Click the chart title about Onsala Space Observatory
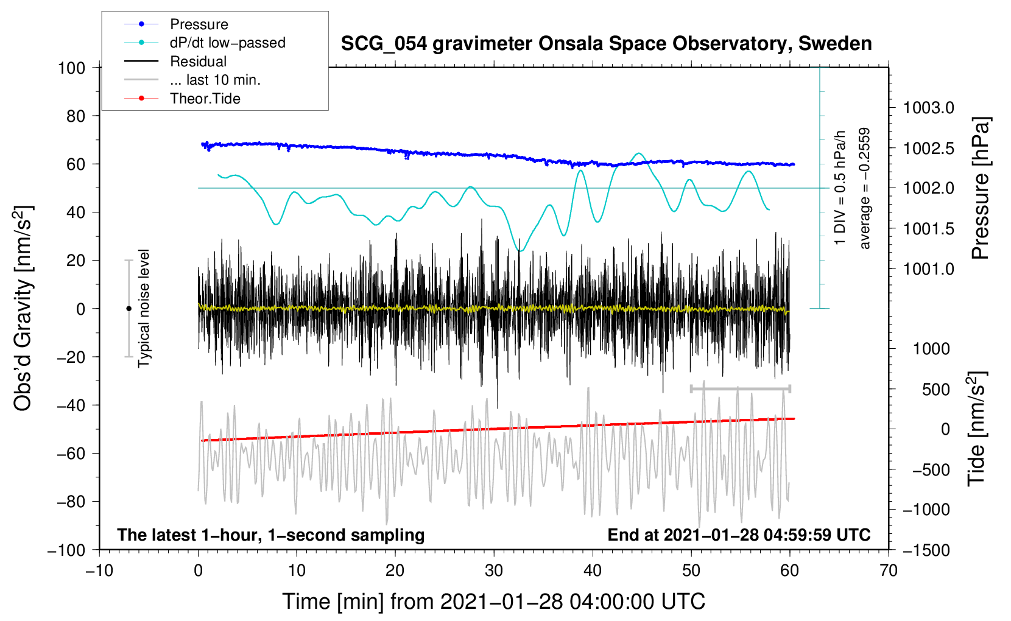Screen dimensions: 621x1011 (x=606, y=44)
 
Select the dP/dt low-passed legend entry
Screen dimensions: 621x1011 (x=227, y=43)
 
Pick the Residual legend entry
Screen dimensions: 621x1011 (x=198, y=61)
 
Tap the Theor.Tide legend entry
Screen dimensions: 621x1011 (x=205, y=99)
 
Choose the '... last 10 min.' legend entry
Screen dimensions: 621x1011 (x=215, y=80)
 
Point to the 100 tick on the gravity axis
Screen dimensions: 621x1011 (x=71, y=68)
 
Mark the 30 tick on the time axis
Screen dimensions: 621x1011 (x=494, y=570)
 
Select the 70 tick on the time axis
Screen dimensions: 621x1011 (x=889, y=570)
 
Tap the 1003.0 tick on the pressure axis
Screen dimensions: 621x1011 (x=928, y=108)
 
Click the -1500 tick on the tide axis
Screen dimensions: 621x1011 (x=926, y=550)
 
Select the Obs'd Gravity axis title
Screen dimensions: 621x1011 (x=23, y=309)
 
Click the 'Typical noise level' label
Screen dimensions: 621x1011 (x=144, y=309)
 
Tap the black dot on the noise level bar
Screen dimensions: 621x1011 (x=129, y=309)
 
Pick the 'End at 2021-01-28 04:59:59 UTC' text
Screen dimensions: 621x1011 (x=739, y=535)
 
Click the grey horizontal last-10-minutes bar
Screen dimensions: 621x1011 (x=740, y=388)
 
